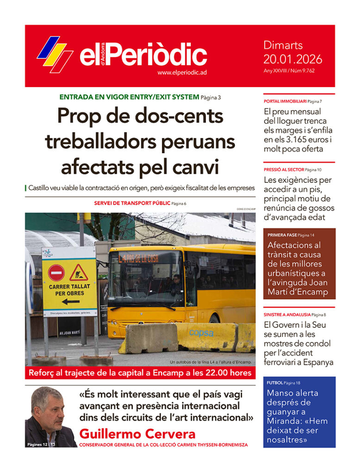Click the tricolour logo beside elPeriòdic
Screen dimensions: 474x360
coord(55,54)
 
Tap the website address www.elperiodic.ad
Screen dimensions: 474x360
coord(181,73)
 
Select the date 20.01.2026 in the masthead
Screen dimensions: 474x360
coord(292,59)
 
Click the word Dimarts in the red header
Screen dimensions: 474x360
coord(283,45)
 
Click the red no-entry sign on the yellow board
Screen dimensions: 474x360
coord(56,273)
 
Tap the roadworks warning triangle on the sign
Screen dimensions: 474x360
coord(79,273)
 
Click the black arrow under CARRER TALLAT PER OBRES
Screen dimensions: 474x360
coord(70,302)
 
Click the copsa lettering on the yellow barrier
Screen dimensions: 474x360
coord(201,333)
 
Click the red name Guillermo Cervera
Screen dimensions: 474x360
coord(137,434)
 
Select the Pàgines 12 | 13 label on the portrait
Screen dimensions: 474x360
coord(41,445)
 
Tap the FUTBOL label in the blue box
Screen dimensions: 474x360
coord(274,383)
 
